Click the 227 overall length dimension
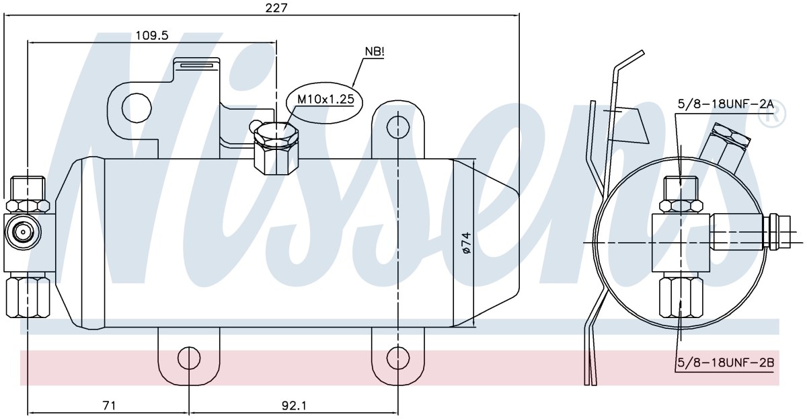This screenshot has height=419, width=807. coord(276,8)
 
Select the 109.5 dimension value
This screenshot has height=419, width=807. coord(152,35)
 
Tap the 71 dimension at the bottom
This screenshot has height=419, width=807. coord(109,406)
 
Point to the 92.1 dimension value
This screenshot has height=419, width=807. coord(294,406)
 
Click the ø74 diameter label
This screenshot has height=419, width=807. coord(466,243)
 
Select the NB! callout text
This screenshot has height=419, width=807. coord(375,52)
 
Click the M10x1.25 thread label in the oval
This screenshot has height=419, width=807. coord(325,99)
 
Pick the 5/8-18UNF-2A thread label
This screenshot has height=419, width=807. coord(726,104)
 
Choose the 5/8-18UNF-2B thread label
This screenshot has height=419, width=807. coord(726,363)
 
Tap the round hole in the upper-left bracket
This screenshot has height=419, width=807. coord(137,108)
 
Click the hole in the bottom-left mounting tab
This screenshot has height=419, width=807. coord(189,358)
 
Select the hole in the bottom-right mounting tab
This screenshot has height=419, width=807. coord(397,358)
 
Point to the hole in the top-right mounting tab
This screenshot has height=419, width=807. coord(397,127)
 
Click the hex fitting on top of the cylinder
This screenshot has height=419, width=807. coord(276,149)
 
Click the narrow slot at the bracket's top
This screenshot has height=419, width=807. coord(197,65)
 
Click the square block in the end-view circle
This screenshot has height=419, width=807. coord(681,243)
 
